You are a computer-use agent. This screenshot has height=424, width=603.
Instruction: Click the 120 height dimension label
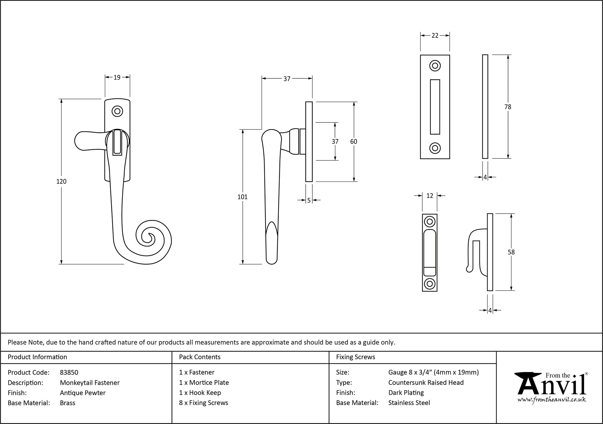click(x=62, y=181)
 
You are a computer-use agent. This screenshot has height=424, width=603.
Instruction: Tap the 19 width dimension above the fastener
click(x=117, y=78)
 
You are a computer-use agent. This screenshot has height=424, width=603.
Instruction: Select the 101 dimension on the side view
click(x=242, y=197)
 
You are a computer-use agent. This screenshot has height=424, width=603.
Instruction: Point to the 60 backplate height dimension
click(x=354, y=141)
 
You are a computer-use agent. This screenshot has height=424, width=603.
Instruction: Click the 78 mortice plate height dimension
click(x=508, y=107)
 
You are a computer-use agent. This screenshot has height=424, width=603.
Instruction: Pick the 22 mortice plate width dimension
click(x=435, y=36)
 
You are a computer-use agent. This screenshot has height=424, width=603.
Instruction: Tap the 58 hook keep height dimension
click(x=511, y=252)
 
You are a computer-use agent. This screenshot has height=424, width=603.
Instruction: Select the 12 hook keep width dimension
click(x=430, y=196)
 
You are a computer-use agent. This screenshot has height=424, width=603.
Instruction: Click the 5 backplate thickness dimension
click(x=309, y=200)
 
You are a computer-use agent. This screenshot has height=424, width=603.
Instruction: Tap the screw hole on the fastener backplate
click(x=117, y=111)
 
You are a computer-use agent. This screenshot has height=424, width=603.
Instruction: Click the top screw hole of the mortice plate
click(x=435, y=66)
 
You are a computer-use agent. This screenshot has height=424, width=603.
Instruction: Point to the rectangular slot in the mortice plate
click(x=435, y=107)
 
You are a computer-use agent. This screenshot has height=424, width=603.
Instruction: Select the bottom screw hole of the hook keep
click(x=430, y=284)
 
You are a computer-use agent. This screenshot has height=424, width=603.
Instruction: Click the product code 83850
click(x=69, y=372)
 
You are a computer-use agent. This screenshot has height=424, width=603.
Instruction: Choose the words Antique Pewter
click(x=83, y=393)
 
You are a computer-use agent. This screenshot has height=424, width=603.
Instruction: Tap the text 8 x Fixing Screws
click(x=204, y=403)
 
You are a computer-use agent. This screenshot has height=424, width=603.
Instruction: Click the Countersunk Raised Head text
click(x=426, y=382)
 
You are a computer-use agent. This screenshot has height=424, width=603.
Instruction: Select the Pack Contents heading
click(x=200, y=357)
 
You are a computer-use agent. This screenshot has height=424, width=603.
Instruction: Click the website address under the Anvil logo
click(x=552, y=400)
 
